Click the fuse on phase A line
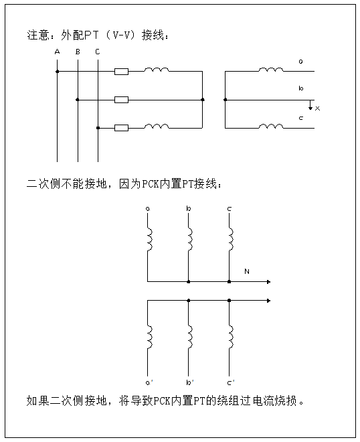121,72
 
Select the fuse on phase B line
121,100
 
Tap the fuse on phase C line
121,128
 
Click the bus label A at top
57,52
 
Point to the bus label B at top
78,52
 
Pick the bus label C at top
98,52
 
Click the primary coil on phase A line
157,70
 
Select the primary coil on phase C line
157,126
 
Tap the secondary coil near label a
271,70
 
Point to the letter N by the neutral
247,271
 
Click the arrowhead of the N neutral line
268,281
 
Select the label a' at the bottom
149,382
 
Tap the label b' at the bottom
190,382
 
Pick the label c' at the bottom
231,382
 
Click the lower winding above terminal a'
150,337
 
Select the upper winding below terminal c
231,240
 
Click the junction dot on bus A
57,72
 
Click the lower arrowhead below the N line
268,301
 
